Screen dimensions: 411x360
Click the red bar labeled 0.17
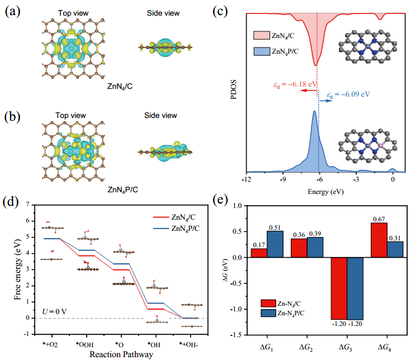[x=259, y=253]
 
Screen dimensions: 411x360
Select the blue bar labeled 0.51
[x=275, y=244]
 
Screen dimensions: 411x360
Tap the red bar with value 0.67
[x=379, y=240]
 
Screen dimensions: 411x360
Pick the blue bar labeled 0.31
[x=395, y=249]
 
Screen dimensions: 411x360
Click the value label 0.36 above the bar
[x=299, y=235]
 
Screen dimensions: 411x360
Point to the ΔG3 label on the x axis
[x=345, y=348]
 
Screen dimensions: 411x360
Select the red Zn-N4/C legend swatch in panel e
[x=268, y=304]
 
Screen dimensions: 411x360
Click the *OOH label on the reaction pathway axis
[x=84, y=344]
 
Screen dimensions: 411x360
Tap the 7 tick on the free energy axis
[x=28, y=205]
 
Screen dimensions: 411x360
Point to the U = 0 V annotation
[x=54, y=311]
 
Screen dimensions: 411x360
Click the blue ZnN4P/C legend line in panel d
[x=161, y=229]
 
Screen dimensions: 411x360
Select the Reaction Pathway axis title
[x=121, y=354]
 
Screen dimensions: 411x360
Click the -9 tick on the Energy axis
[x=282, y=179]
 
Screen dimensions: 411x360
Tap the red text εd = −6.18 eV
[x=295, y=84]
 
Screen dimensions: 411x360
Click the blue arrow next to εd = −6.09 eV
[x=325, y=101]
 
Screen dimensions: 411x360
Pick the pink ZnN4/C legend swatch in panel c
[x=261, y=35]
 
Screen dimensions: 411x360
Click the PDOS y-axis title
[x=233, y=89]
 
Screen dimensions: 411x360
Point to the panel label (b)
[x=12, y=117]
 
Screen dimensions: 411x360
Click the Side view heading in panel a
[x=163, y=13]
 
